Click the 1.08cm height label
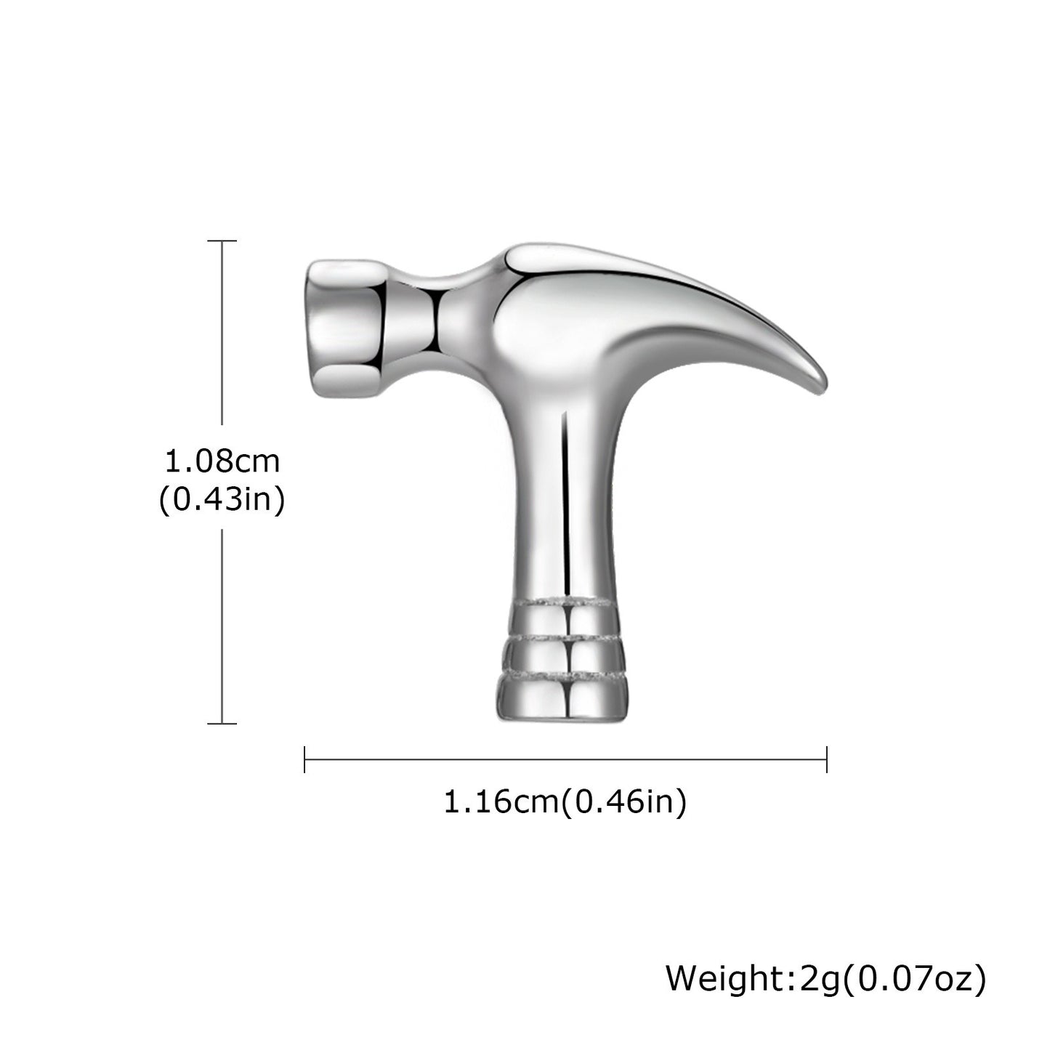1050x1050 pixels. coord(222,460)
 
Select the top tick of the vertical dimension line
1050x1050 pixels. coord(222,241)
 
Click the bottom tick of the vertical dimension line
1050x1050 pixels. coord(222,723)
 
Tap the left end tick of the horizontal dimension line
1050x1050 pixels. coord(304,759)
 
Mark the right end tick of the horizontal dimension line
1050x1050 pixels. coord(826,759)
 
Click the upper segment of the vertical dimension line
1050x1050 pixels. coord(222,334)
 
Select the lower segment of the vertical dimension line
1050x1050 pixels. coord(222,625)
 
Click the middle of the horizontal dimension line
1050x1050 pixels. coord(565,759)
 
